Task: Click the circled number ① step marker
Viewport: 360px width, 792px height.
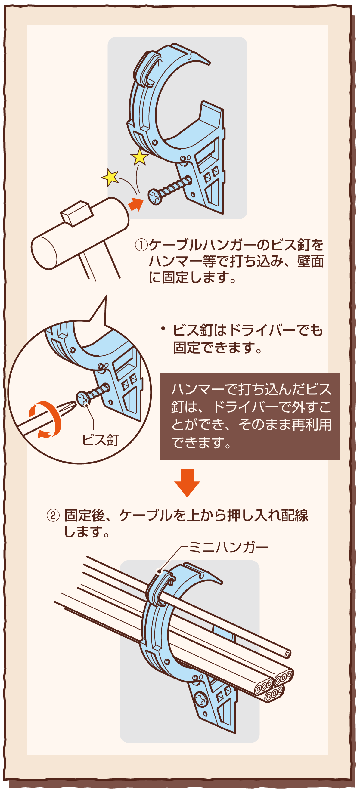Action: (x=141, y=245)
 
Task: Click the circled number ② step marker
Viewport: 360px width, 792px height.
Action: (x=53, y=516)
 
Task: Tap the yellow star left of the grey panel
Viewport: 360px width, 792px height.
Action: (x=110, y=177)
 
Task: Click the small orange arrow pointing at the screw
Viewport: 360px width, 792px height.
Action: (x=135, y=203)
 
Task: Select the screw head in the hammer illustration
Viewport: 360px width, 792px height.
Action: (x=155, y=197)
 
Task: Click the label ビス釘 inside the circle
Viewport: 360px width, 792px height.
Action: (x=101, y=440)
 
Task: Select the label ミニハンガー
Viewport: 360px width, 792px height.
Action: (x=228, y=548)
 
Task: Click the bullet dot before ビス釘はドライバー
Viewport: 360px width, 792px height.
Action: (x=163, y=329)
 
